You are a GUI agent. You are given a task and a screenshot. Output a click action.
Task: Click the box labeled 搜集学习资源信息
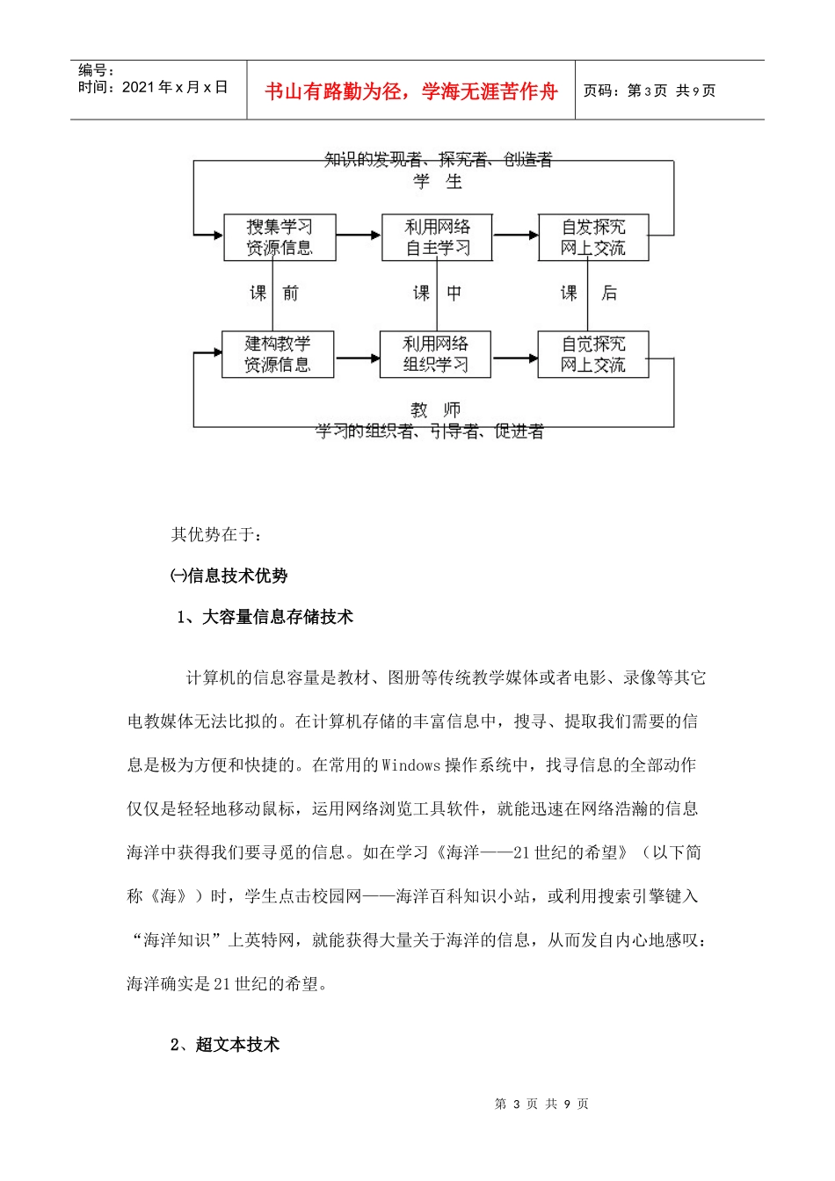tap(280, 237)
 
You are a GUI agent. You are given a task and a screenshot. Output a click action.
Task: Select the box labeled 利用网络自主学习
tap(437, 237)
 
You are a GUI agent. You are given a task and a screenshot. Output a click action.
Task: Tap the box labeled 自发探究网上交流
tap(593, 237)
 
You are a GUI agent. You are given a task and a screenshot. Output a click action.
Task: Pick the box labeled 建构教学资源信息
tap(278, 354)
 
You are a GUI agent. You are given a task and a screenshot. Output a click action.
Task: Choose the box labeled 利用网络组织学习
tap(435, 354)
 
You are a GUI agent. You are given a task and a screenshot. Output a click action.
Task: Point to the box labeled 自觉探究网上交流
tap(593, 354)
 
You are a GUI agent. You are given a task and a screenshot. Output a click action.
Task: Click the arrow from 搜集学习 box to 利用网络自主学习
tap(359, 235)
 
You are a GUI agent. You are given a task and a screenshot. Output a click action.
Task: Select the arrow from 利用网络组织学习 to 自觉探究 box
tap(514, 358)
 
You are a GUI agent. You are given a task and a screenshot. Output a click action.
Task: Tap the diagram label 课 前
tap(274, 293)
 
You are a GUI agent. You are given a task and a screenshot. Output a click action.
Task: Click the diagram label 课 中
tap(437, 293)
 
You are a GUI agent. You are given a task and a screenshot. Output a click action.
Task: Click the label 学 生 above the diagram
tap(438, 182)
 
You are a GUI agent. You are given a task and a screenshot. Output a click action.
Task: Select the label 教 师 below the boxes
tap(435, 410)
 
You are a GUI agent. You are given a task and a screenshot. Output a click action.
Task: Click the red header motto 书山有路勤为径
tap(411, 91)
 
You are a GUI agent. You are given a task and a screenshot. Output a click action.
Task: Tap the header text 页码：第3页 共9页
tap(650, 91)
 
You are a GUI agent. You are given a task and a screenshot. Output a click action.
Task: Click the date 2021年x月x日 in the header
tap(175, 87)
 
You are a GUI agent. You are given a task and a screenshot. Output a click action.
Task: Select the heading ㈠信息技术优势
tap(229, 576)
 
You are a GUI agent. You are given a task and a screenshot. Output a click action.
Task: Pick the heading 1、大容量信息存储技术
tap(265, 618)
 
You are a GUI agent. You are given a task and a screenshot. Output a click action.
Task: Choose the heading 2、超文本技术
tap(225, 1045)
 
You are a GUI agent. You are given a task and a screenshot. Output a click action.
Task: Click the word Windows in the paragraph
tap(410, 765)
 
